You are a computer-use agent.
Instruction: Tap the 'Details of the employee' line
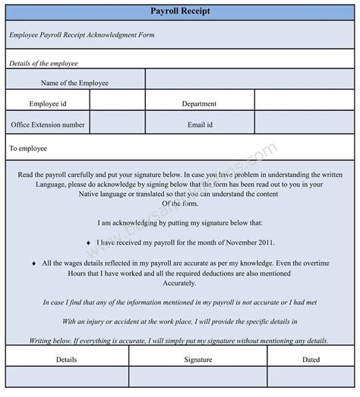[43, 63]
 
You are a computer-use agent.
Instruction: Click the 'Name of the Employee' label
[74, 83]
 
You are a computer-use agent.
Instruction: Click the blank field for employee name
[251, 80]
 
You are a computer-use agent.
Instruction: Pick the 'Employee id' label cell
[47, 103]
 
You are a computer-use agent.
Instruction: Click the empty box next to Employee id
[117, 102]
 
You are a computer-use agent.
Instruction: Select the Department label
[199, 103]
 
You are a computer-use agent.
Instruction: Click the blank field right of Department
[305, 102]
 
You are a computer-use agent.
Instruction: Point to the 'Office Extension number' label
[47, 124]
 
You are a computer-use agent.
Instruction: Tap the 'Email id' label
[199, 124]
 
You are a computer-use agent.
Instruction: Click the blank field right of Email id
[305, 122]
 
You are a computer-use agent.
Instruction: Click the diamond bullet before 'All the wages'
[33, 263]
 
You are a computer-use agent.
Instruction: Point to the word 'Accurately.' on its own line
[179, 282]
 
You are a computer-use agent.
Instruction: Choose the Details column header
[67, 360]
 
